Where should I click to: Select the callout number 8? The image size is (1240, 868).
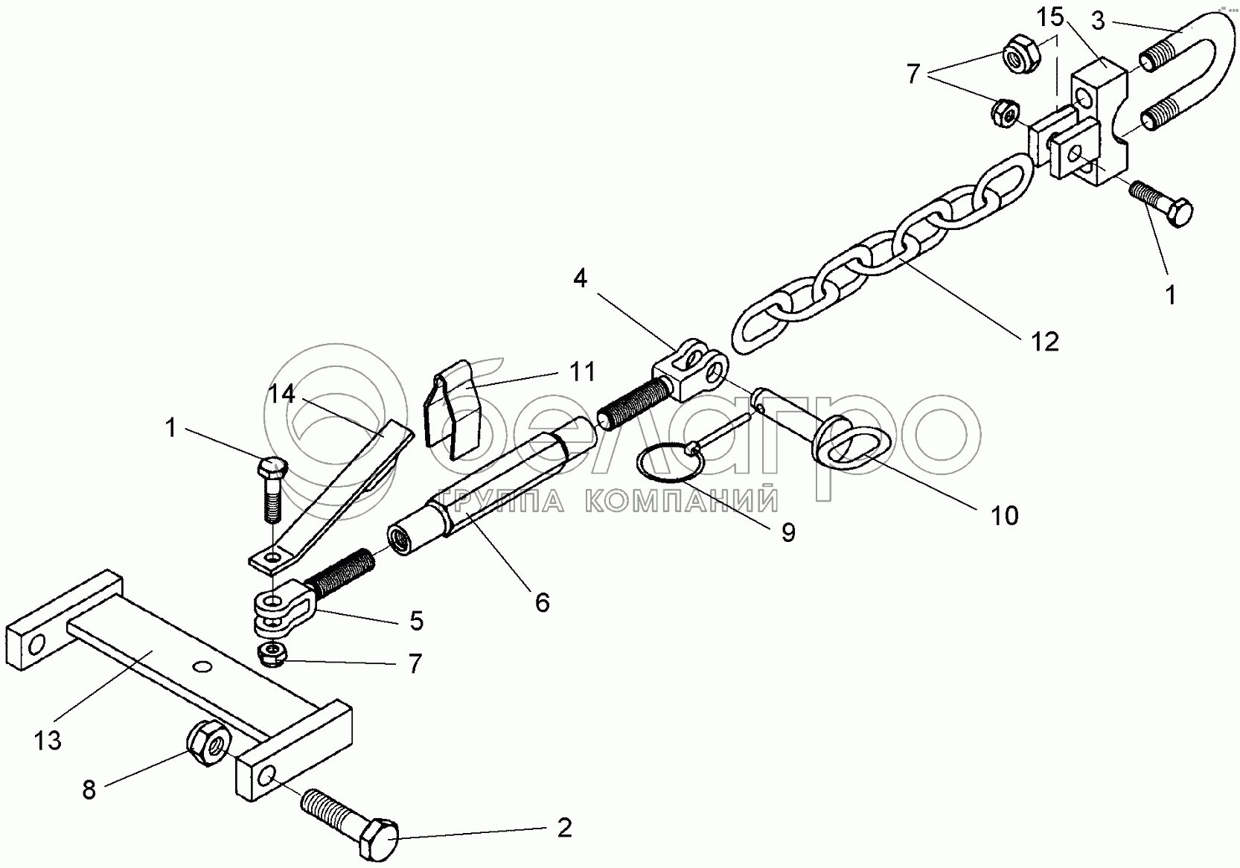89,789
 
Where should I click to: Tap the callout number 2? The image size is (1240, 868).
565,827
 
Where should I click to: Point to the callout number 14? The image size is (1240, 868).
282,394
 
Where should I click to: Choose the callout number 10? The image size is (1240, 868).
1005,515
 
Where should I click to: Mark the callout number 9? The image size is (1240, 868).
788,532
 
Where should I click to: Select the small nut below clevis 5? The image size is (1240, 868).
273,655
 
